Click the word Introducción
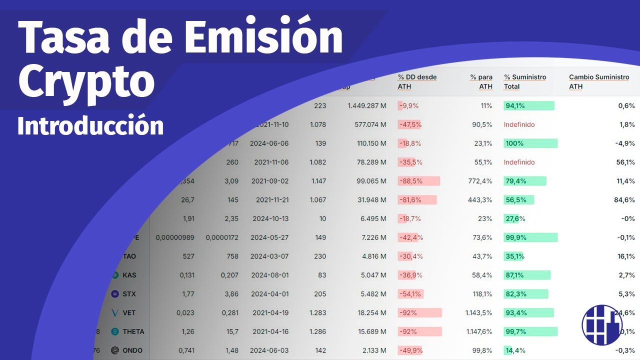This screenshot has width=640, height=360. tap(90, 126)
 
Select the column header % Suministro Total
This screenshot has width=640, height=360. tap(525, 81)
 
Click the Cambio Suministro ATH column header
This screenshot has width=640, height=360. tap(598, 81)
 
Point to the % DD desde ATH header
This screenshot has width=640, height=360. tap(417, 81)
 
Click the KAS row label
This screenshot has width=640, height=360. tap(129, 275)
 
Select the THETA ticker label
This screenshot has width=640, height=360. tap(133, 331)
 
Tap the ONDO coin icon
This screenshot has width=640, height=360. tap(114, 350)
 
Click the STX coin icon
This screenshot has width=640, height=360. tap(114, 294)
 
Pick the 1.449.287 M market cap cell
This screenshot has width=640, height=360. tap(366, 106)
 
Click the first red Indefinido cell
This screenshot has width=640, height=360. tap(519, 124)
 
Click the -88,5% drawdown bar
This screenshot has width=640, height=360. tap(418, 181)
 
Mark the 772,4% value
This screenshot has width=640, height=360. tap(478, 181)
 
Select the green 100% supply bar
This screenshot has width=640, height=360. tap(530, 143)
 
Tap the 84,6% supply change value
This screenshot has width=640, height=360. tap(624, 200)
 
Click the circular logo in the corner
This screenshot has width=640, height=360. tap(602, 324)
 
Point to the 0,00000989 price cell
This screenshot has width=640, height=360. tap(175, 237)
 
